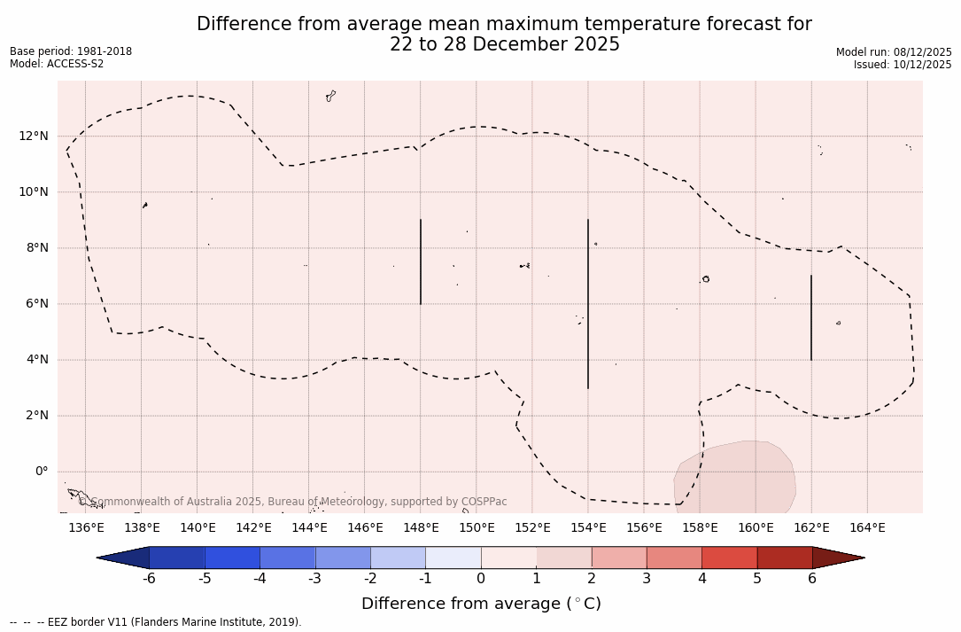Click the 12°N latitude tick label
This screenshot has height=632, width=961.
(x=32, y=137)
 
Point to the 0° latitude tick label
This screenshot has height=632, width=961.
(x=41, y=472)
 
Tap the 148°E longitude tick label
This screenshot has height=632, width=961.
(x=421, y=528)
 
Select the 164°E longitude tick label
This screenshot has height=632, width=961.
(x=867, y=528)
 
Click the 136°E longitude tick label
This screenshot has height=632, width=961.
(x=86, y=528)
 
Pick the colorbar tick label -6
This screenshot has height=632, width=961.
(x=149, y=579)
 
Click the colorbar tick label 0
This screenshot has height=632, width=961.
(x=481, y=579)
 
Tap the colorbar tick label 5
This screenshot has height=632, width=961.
(x=757, y=579)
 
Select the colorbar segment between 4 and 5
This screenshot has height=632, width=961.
(x=729, y=558)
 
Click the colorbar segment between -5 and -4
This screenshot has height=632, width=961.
(x=232, y=558)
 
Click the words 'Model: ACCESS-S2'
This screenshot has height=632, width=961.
(x=57, y=64)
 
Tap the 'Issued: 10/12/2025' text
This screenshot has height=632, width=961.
(x=903, y=65)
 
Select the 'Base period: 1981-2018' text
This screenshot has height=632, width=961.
(x=71, y=51)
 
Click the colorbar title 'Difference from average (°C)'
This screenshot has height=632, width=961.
(x=481, y=605)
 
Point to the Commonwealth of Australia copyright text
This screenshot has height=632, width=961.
(x=293, y=502)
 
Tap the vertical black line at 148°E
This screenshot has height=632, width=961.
(x=421, y=261)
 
